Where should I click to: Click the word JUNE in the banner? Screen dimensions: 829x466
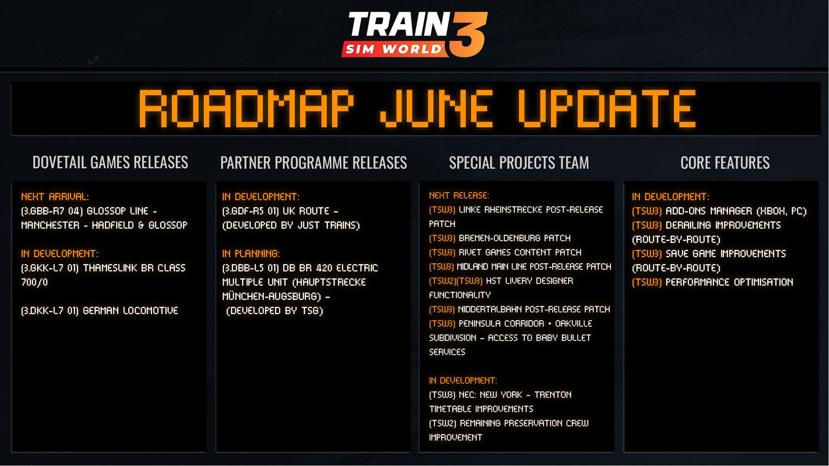pos(437,109)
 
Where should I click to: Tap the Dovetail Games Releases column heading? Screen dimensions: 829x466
pos(110,162)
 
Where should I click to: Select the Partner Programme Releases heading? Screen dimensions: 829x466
pos(313,163)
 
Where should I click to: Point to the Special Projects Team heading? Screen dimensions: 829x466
pos(519,163)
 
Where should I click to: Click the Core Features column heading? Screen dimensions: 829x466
pos(725,163)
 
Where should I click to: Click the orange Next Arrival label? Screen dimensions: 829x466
pos(55,197)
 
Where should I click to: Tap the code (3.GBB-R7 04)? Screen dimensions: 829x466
pos(52,211)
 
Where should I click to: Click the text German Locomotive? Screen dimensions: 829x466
pos(130,311)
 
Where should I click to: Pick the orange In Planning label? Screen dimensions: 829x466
pos(251,254)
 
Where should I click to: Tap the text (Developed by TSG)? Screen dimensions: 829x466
pos(275,311)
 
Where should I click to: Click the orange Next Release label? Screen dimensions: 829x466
pos(459,195)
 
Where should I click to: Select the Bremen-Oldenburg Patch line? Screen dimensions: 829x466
pos(500,238)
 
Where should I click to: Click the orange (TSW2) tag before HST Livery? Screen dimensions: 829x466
pos(442,281)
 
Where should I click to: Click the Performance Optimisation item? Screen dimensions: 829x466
pos(712,282)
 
